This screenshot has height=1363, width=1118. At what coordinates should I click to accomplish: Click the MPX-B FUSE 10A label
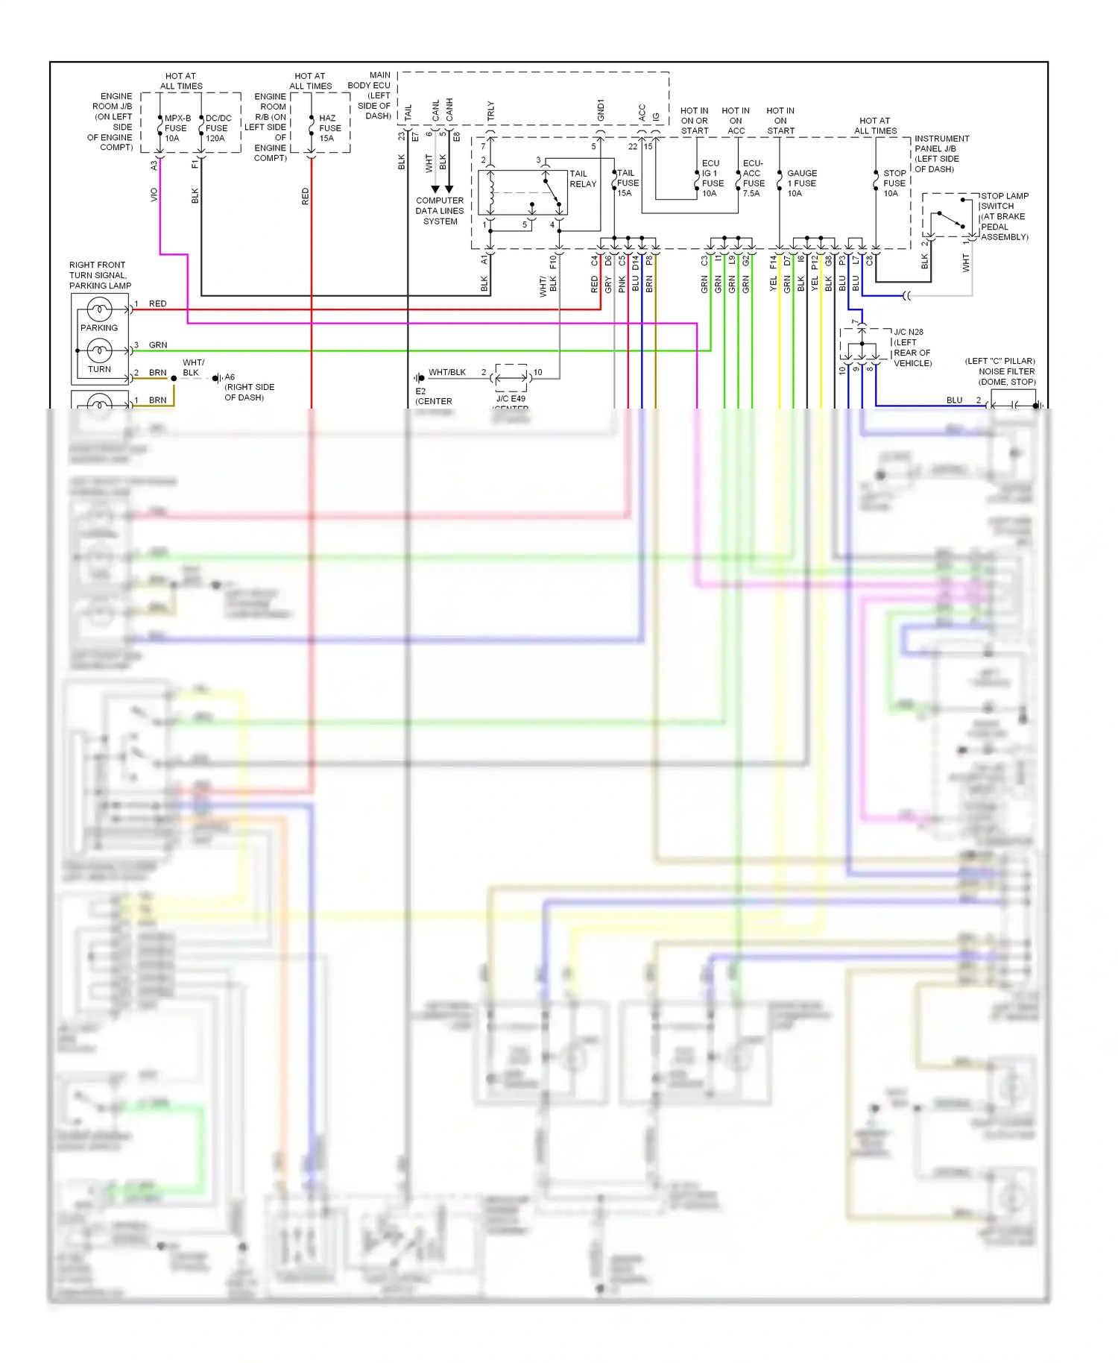point(177,128)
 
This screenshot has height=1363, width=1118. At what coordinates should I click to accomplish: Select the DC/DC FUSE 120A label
point(218,128)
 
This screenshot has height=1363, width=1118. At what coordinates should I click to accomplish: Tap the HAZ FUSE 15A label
point(329,128)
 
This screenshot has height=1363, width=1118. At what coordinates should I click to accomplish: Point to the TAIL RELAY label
point(582,179)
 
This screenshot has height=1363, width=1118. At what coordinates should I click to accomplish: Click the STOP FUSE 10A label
point(894,183)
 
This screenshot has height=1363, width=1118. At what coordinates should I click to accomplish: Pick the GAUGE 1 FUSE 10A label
point(801,183)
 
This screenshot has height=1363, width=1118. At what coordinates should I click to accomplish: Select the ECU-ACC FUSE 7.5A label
point(753,178)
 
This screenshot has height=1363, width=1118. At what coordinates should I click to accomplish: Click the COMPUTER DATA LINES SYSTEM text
point(440,211)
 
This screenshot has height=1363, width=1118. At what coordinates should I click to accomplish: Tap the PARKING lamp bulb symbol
point(99,309)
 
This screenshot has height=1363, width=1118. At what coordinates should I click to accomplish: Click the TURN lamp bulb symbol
point(99,350)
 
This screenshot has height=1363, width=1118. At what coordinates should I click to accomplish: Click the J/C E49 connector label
point(511,399)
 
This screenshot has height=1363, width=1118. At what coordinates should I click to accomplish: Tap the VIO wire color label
point(154,195)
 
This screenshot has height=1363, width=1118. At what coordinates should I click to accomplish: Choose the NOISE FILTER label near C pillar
point(1006,371)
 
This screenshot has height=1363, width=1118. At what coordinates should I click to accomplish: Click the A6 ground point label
point(230,377)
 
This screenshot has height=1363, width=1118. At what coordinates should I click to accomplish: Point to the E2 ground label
point(420,391)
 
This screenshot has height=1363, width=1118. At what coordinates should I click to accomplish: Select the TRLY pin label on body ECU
point(490,110)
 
